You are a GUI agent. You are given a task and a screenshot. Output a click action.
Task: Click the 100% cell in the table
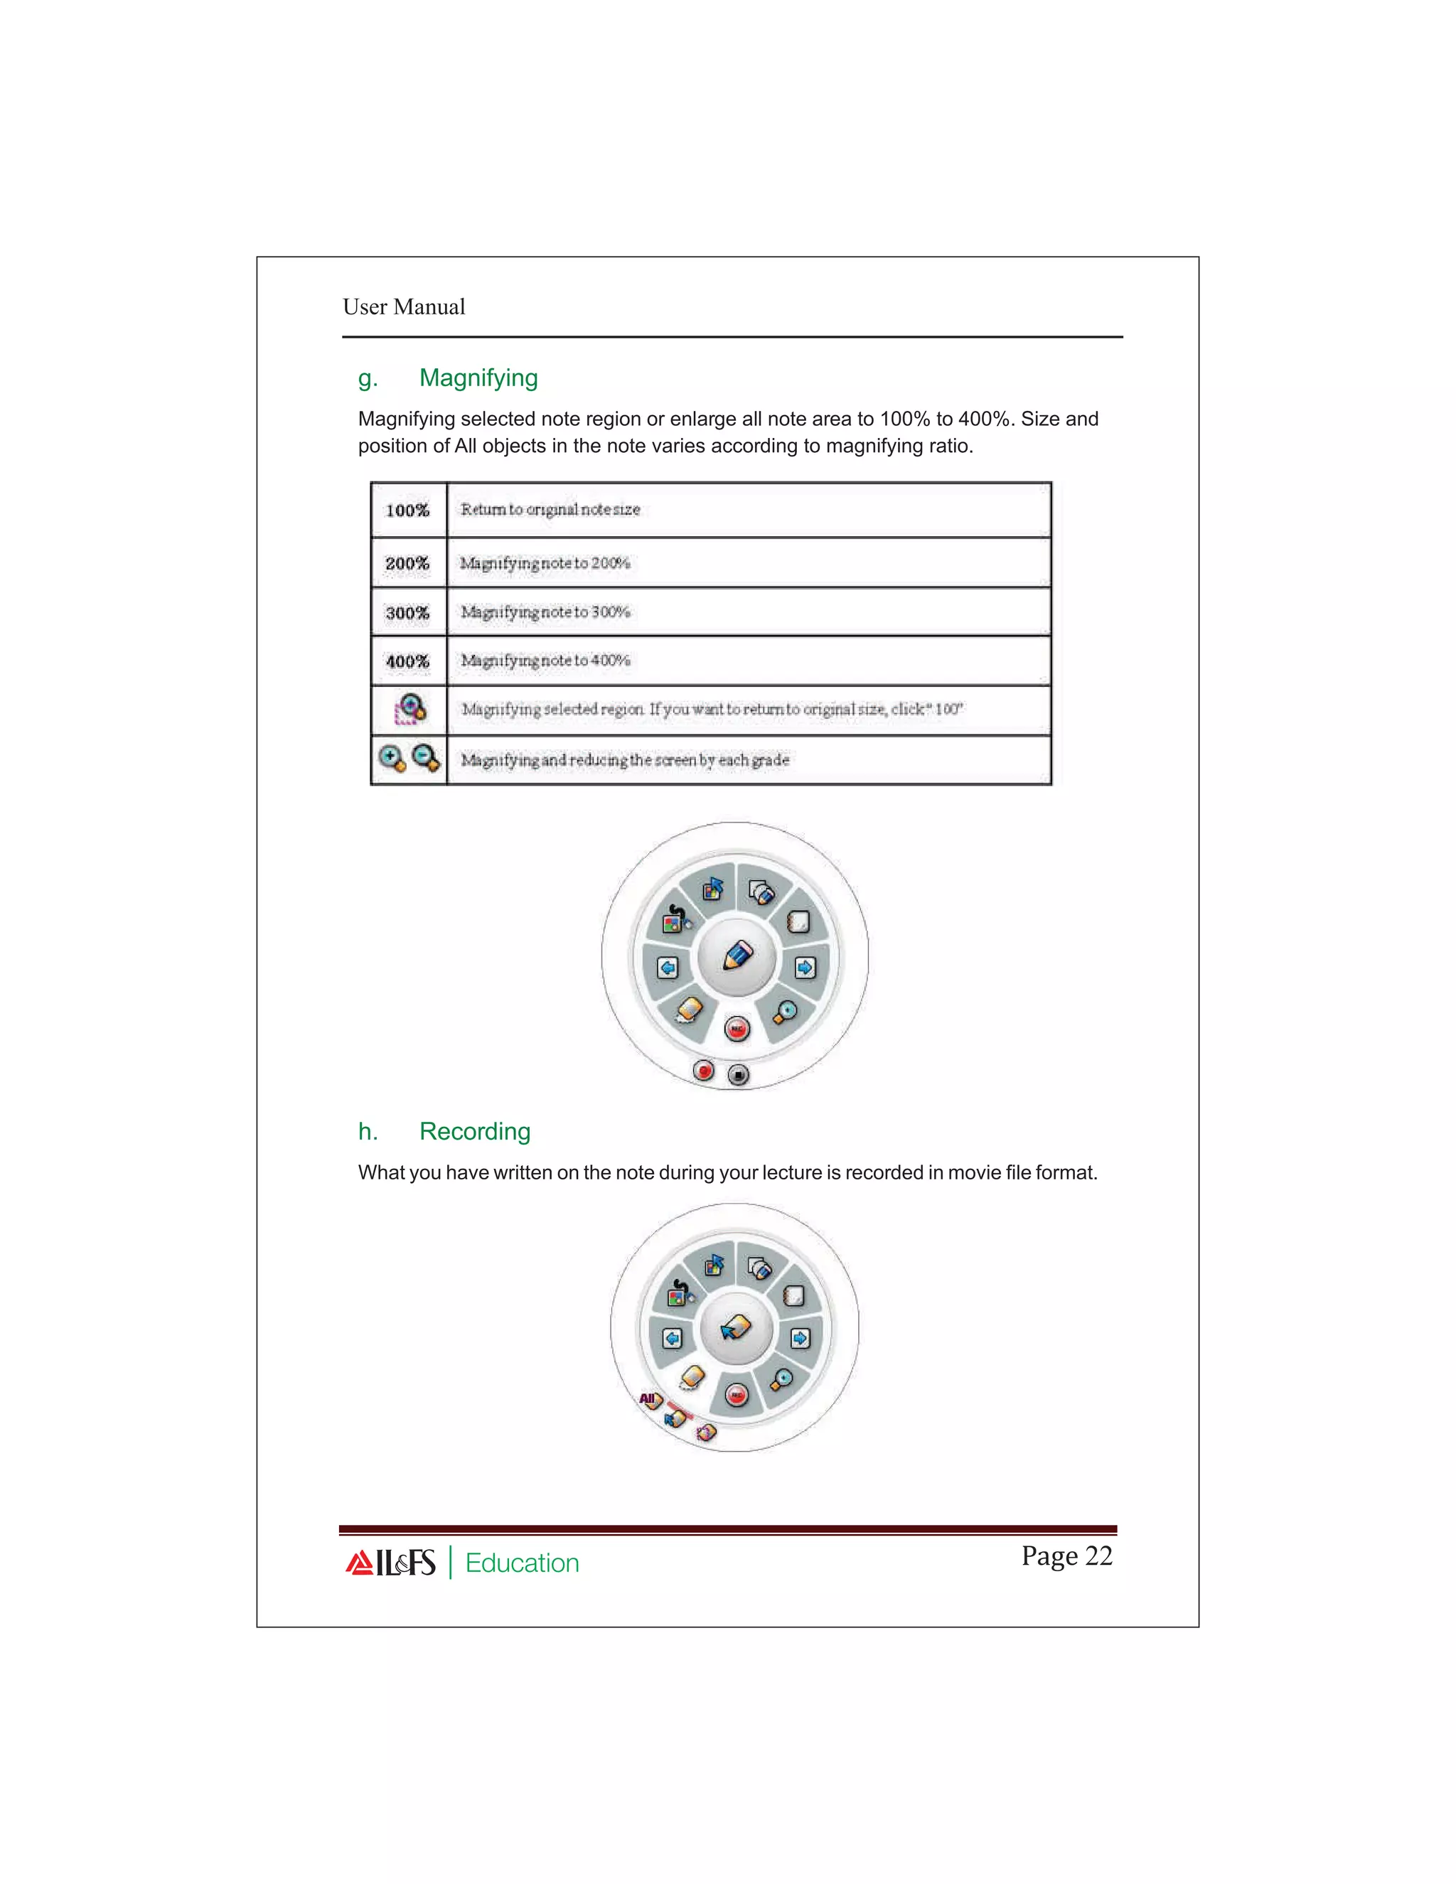407,510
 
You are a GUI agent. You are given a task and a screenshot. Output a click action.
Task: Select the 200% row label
407,563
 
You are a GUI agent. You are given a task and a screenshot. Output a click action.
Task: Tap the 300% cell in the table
407,612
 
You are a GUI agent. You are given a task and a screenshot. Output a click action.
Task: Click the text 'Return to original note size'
550,510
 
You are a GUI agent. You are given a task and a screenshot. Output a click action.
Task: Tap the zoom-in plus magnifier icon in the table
392,759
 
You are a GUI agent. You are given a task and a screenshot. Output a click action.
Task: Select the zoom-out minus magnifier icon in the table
426,759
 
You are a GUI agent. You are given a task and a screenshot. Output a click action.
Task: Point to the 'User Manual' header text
404,307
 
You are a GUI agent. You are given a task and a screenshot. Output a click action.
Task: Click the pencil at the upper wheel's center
737,956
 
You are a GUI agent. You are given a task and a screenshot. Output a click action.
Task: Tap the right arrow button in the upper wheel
805,968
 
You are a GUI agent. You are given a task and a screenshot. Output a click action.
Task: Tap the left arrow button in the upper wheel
668,968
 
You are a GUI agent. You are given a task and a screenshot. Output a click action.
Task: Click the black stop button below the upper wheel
739,1075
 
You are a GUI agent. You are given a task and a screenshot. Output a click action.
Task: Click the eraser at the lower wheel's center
736,1327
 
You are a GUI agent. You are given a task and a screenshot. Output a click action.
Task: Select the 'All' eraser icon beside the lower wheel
651,1399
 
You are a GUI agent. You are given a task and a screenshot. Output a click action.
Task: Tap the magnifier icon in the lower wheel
782,1379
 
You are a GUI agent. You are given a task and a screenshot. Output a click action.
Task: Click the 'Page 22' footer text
1066,1556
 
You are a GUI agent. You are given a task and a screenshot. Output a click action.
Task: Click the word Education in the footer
522,1563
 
